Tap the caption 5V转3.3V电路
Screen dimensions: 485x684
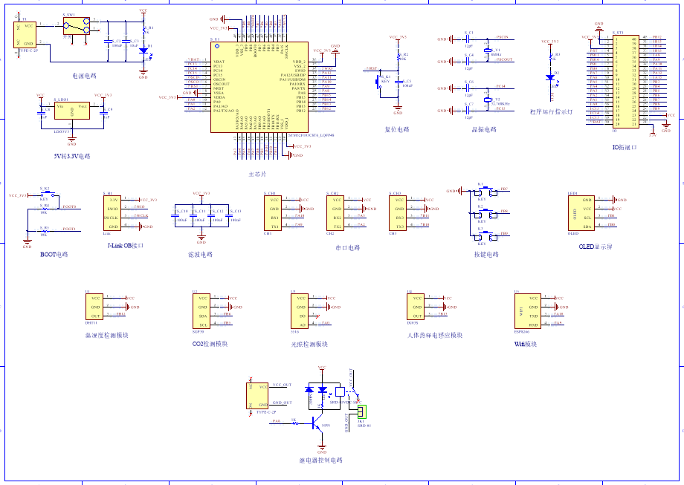click(72, 156)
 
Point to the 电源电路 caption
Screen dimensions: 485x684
click(83, 75)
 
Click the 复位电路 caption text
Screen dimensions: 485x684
click(397, 129)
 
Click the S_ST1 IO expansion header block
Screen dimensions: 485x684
click(625, 82)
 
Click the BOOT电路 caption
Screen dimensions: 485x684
click(54, 254)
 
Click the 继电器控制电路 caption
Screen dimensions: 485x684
click(321, 460)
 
